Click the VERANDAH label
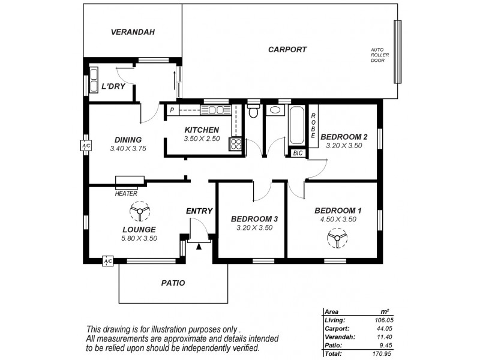[133, 32]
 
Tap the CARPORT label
[287, 50]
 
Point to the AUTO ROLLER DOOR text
[377, 55]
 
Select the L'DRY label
[113, 86]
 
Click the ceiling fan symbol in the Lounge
[140, 212]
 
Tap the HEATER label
[126, 193]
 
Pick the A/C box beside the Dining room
[85, 146]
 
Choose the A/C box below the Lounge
[108, 262]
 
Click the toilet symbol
[253, 112]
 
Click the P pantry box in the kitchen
[172, 110]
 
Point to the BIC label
[298, 154]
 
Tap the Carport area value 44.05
[379, 329]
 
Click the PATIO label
[173, 283]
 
